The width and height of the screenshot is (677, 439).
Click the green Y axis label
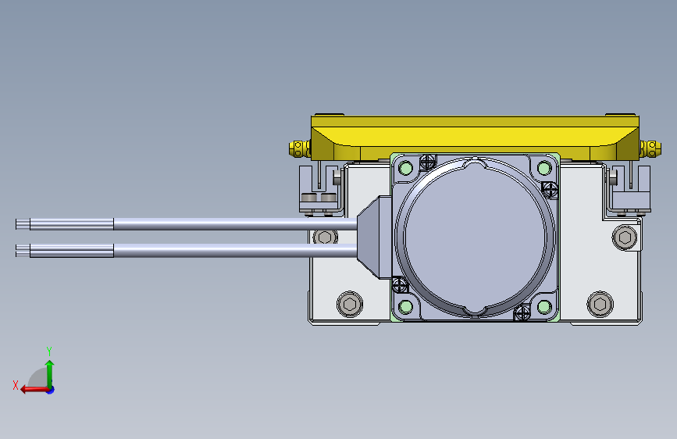click(x=49, y=350)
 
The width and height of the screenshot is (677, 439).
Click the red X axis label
click(x=16, y=384)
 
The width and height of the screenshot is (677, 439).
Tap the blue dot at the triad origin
click(x=50, y=389)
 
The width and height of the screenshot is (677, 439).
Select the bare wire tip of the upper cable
click(x=23, y=225)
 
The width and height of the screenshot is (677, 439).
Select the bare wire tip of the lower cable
click(x=23, y=250)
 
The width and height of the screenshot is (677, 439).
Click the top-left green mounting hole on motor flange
click(x=405, y=167)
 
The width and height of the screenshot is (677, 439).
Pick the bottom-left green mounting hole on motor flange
click(x=405, y=306)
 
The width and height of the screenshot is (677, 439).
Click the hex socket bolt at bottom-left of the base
click(x=349, y=304)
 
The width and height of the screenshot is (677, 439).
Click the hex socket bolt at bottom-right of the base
click(x=600, y=304)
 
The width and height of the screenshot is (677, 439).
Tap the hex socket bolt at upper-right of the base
click(x=625, y=237)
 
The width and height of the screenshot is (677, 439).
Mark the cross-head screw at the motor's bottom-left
click(x=400, y=285)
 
